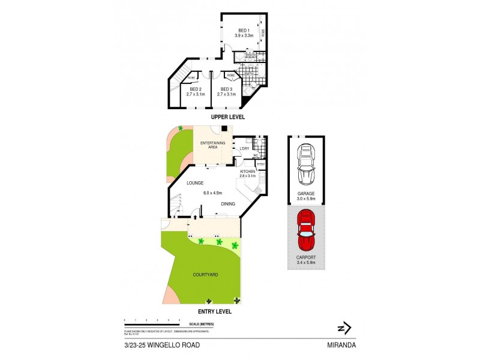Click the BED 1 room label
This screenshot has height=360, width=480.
tap(243, 31)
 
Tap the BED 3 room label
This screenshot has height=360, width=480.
tap(226, 89)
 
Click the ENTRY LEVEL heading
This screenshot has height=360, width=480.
tap(214, 311)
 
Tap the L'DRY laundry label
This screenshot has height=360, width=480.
tap(244, 148)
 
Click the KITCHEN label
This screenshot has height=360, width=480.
tap(247, 171)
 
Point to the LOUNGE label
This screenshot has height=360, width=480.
tap(196, 182)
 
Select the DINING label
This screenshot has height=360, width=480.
tap(227, 204)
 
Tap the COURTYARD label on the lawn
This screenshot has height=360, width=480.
tap(206, 274)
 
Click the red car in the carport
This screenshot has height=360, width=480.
tap(307, 231)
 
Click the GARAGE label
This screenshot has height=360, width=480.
tap(306, 193)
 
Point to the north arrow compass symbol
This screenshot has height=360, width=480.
tap(344, 328)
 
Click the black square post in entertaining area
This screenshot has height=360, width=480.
tap(223, 128)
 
